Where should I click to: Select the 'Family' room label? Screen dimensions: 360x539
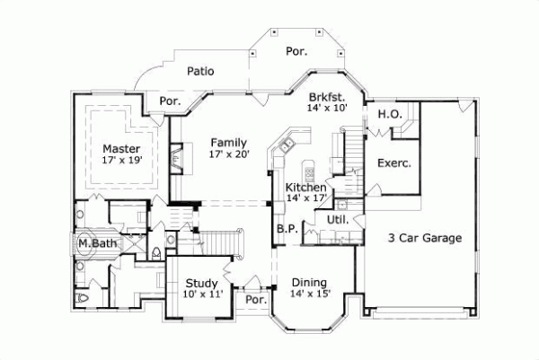[x=229, y=142]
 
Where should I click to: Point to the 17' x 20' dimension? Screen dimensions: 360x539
[x=229, y=154]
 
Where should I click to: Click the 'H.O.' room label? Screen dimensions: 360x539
[x=388, y=114]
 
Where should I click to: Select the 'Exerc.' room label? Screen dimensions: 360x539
[x=393, y=163]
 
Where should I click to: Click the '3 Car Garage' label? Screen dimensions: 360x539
[x=425, y=238]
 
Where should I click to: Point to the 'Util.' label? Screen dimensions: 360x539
[x=337, y=218]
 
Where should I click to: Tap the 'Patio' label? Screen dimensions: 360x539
[x=199, y=70]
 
